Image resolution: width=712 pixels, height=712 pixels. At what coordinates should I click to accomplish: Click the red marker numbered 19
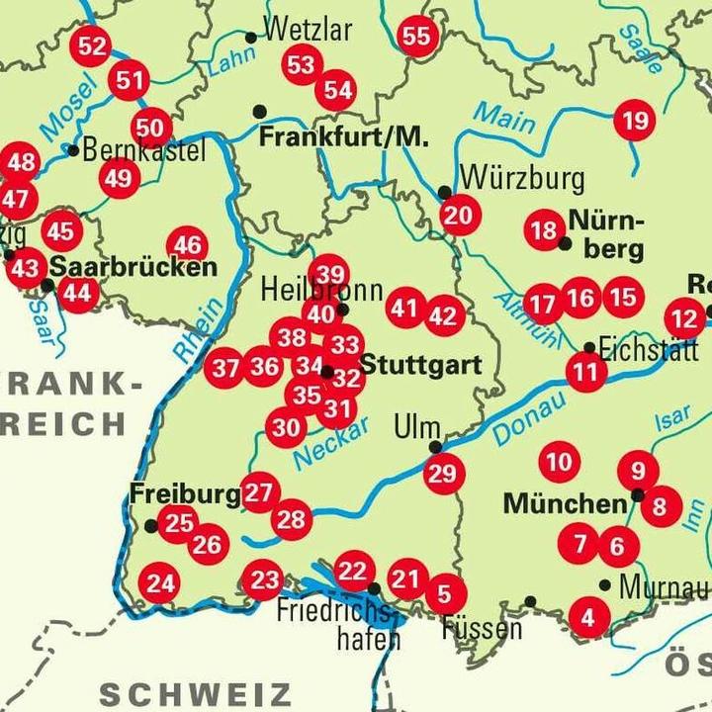(634, 122)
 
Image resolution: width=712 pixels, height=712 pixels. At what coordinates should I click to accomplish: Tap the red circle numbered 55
(417, 37)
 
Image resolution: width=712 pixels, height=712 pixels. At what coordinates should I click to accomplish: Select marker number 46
(187, 245)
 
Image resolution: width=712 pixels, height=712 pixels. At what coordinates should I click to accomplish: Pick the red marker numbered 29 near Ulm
(444, 474)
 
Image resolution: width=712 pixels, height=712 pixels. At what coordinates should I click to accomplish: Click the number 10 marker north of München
(559, 462)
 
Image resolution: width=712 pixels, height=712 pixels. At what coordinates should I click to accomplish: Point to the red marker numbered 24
(160, 583)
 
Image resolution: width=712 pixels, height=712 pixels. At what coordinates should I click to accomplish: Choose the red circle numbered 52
(92, 45)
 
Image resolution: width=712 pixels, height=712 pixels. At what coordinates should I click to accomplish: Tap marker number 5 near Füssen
(444, 593)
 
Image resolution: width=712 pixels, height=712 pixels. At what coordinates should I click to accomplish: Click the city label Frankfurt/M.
(343, 137)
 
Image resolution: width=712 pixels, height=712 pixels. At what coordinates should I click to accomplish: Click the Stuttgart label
(419, 366)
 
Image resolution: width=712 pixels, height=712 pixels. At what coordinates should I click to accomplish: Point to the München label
(565, 503)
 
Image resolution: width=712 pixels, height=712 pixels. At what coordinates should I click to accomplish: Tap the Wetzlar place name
(309, 30)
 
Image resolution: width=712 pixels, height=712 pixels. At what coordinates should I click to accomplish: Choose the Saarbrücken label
(133, 267)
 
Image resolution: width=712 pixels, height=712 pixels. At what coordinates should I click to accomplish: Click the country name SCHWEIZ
(195, 694)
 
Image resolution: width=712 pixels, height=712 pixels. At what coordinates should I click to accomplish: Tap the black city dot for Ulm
(435, 447)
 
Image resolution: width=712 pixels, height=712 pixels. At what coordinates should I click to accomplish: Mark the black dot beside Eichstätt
(589, 348)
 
